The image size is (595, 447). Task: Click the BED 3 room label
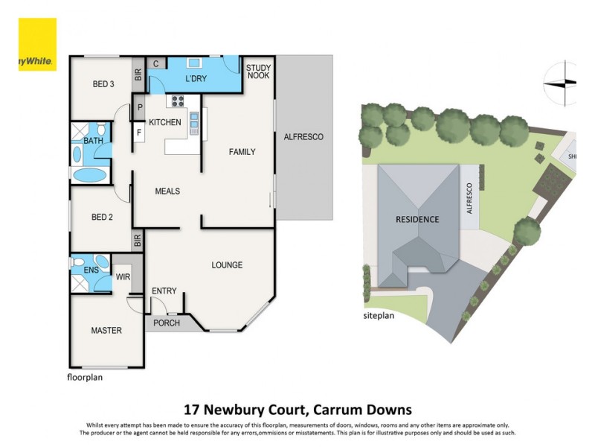(x=102, y=84)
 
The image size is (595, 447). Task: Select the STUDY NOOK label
(x=259, y=72)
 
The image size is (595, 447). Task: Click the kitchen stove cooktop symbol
(x=178, y=101)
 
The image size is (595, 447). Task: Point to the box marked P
(x=140, y=107)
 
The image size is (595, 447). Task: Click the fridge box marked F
(x=140, y=133)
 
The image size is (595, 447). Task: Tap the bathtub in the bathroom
(x=91, y=175)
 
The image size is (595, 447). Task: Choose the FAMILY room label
(x=242, y=152)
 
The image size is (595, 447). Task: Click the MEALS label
(x=167, y=191)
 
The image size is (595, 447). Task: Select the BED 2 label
(x=102, y=218)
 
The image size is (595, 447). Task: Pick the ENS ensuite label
(x=91, y=270)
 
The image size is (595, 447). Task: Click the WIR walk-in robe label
(x=123, y=277)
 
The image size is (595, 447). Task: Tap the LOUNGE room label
(x=227, y=264)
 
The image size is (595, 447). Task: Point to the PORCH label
(x=167, y=323)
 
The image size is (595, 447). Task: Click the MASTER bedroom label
(x=106, y=330)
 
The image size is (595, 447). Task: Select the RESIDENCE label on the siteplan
(x=416, y=219)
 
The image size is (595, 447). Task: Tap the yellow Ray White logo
(x=36, y=45)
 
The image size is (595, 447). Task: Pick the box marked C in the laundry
(x=156, y=64)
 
